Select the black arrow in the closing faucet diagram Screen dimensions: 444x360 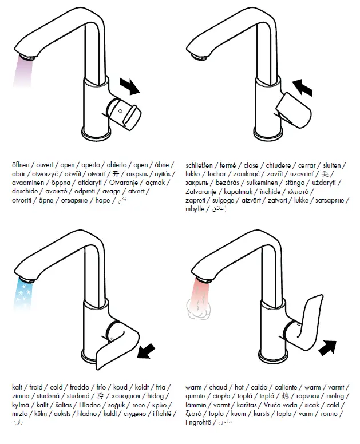(x=302, y=88)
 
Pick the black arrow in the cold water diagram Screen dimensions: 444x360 (x=148, y=350)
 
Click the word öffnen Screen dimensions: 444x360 (x=22, y=165)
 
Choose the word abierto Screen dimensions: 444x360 (x=118, y=165)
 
